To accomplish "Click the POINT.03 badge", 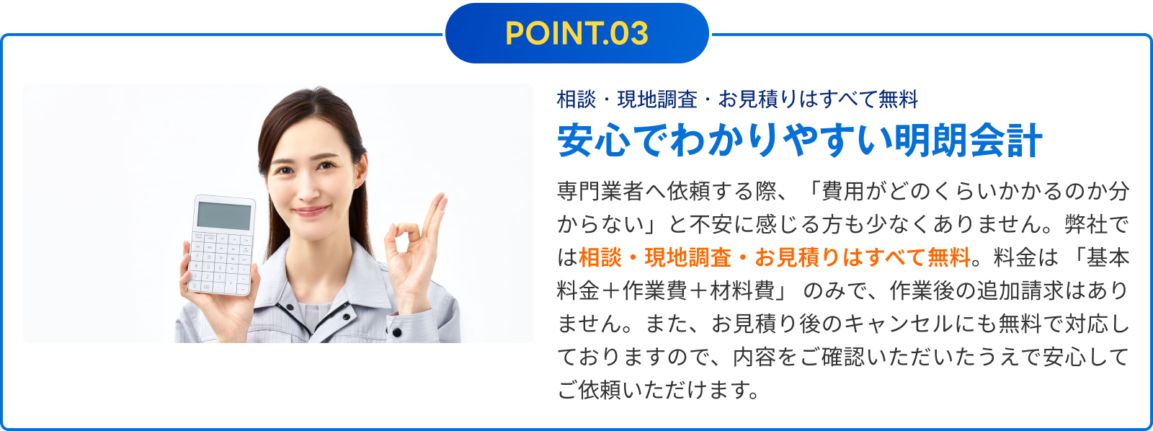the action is tap(577, 33).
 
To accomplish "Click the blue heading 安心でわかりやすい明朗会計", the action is tap(800, 140).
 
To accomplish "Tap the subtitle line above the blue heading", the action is tap(738, 99).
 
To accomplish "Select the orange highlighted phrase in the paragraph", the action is tap(775, 257).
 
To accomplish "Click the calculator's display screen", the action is tap(224, 215).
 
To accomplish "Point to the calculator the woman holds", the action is tap(222, 244).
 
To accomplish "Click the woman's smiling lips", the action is tap(311, 211).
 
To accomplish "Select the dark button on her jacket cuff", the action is tap(397, 333).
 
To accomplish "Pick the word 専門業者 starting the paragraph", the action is tap(600, 191).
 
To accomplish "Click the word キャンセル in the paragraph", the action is tap(900, 324).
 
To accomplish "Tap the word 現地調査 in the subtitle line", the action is tap(657, 99).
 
